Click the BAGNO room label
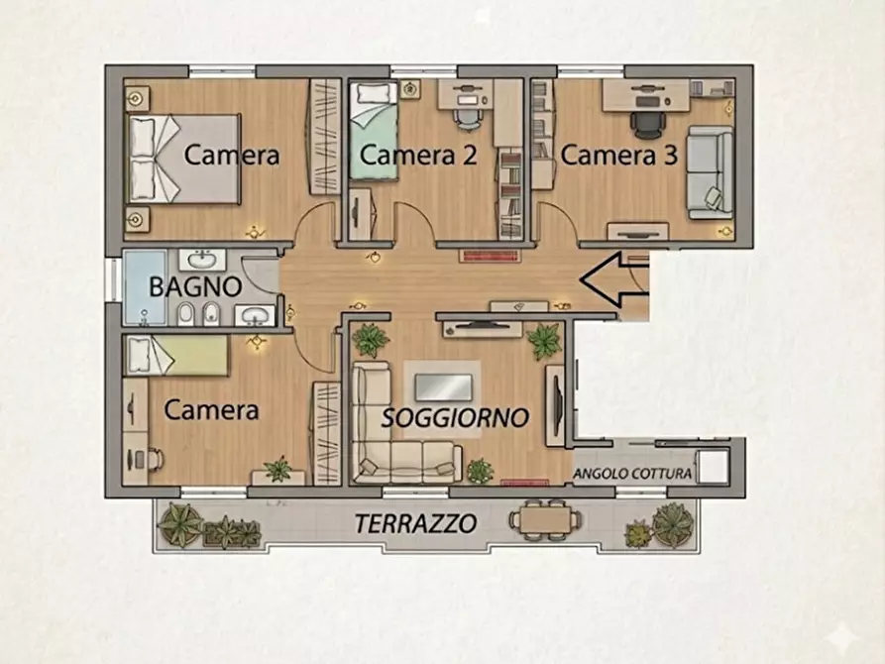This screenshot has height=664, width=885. (195, 287)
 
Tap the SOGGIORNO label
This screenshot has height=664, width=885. (455, 418)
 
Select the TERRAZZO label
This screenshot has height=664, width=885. (416, 523)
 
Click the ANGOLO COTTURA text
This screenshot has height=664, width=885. (632, 474)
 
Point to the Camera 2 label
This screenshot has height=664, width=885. (417, 156)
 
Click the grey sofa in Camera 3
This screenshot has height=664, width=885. (711, 171)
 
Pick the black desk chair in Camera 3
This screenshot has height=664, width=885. (646, 123)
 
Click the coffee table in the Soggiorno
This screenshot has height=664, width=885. (442, 386)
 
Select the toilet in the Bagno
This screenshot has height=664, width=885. (185, 315)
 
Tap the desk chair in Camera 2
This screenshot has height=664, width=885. (466, 116)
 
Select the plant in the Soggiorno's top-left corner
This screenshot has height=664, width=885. (371, 340)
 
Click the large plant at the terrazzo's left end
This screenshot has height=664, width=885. (180, 522)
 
